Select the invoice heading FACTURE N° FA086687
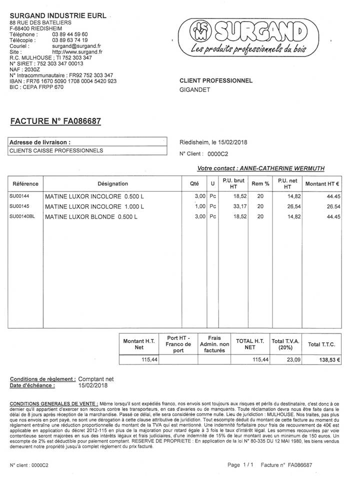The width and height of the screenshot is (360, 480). tap(55, 121)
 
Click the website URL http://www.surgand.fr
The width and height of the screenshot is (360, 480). tap(77, 51)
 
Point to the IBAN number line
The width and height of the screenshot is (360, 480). tap(63, 80)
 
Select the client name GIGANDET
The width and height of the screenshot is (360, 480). tap(195, 90)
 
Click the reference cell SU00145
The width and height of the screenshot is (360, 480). tap(19, 206)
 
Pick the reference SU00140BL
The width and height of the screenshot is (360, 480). tap(22, 216)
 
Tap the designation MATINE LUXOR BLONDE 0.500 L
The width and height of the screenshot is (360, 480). tap(94, 217)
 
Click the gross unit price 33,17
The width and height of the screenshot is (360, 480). tap(240, 206)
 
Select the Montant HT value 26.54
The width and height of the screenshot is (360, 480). tap(333, 206)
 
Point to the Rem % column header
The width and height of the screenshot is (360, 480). tap(260, 183)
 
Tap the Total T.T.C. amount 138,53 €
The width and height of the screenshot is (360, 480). tap(329, 359)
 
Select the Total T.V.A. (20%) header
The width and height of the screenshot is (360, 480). tap(285, 344)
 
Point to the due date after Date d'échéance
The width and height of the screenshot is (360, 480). tap(92, 385)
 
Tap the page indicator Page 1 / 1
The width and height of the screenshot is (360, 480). tap(240, 465)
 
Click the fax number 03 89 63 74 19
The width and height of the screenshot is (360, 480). tap(70, 40)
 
